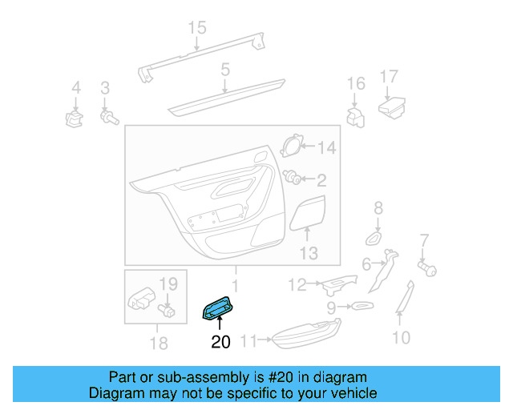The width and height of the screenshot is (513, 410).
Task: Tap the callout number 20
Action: [220, 342]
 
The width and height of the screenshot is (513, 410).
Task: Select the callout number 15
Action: [197, 29]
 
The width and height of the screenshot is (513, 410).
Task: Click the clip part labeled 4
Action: [75, 120]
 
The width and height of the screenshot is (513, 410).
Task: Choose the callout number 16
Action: [355, 83]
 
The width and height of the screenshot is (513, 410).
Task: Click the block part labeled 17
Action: [392, 106]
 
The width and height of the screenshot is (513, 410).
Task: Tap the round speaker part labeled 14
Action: [293, 147]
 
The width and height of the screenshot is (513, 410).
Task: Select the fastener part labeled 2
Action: [294, 179]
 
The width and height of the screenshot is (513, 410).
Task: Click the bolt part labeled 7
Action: [428, 267]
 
